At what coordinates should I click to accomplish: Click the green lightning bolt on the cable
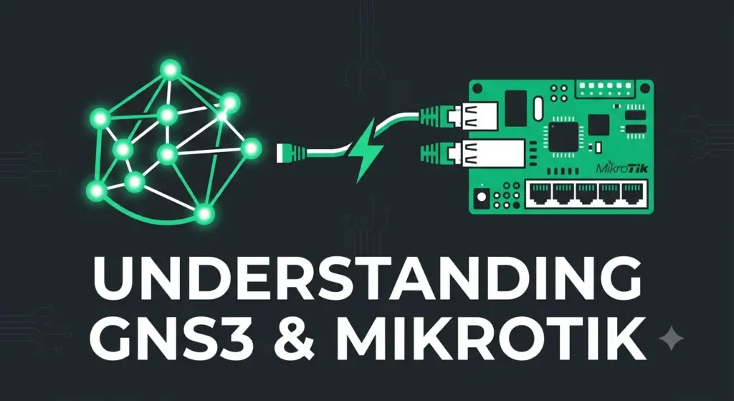(x=368, y=150)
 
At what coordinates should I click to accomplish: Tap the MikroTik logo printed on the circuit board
(x=621, y=168)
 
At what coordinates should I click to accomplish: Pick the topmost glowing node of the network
(x=171, y=70)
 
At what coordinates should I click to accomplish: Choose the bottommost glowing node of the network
(x=204, y=214)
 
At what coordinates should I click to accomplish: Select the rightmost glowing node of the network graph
(x=251, y=148)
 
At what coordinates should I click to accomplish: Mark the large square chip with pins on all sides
(x=562, y=136)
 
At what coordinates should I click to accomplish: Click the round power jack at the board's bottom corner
(x=481, y=197)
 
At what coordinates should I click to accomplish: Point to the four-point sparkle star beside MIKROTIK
(x=671, y=338)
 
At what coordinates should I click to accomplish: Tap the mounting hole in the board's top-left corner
(x=478, y=87)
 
